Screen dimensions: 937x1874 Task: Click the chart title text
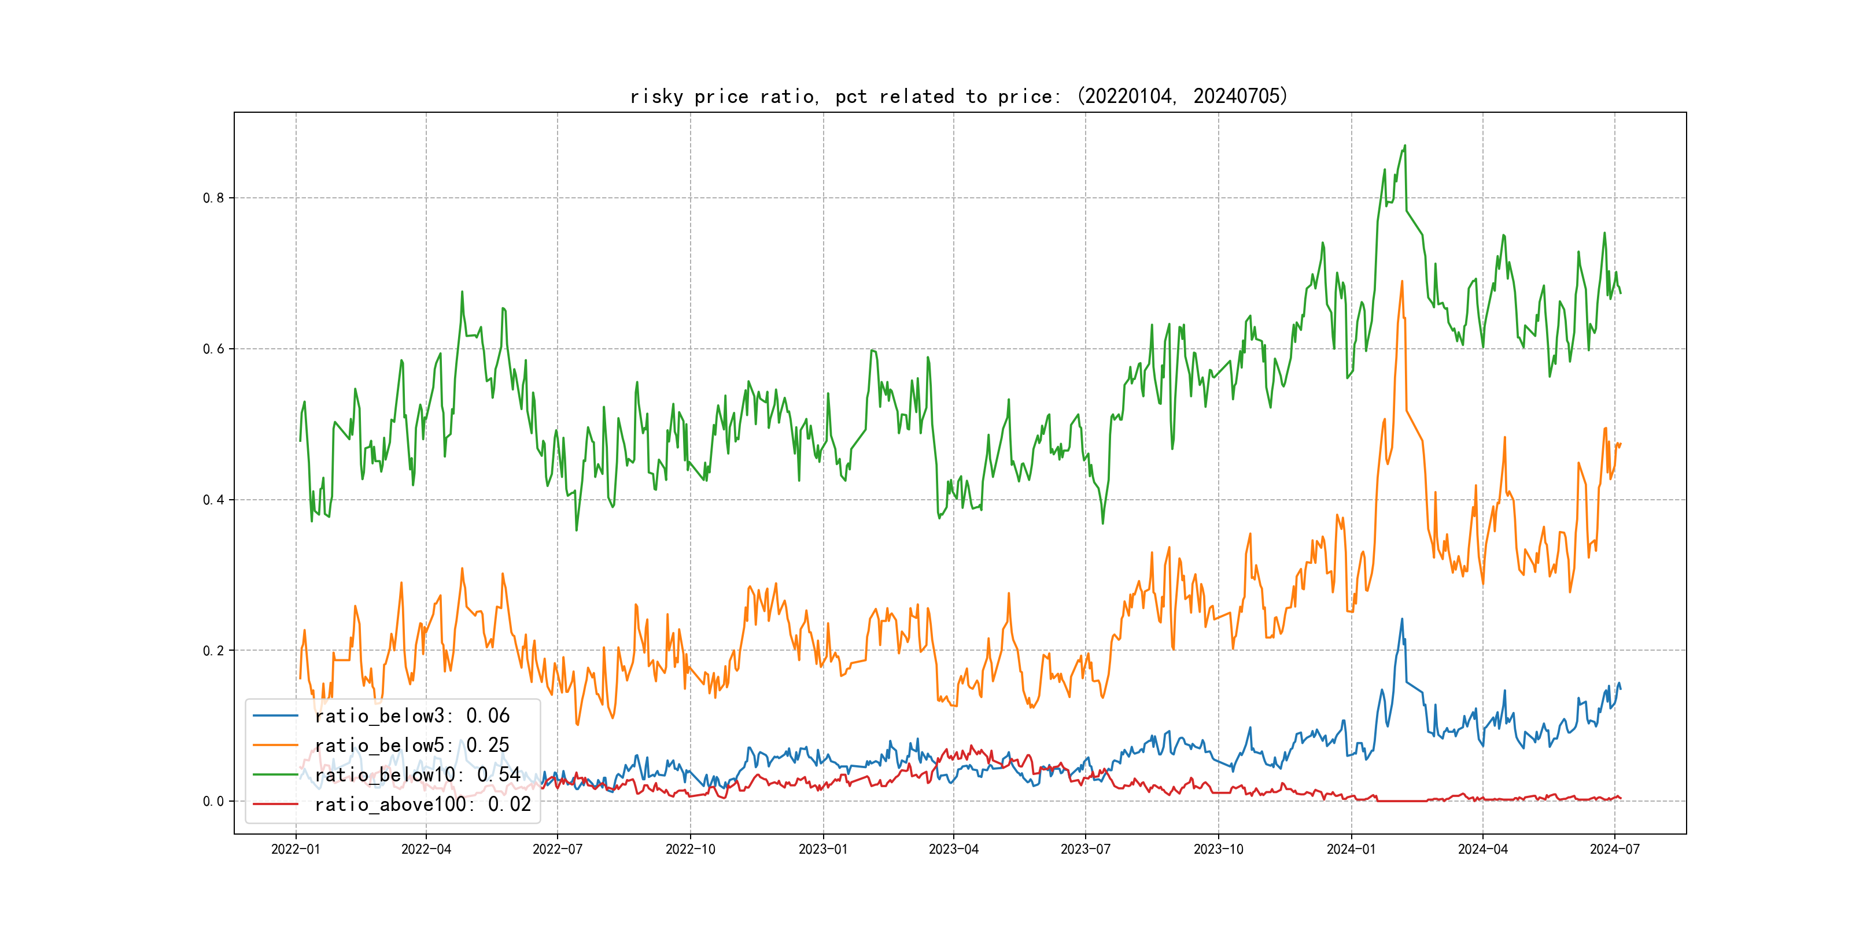[x=958, y=96]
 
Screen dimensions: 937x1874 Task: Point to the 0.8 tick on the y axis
[x=213, y=198]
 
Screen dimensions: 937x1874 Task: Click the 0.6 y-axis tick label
[x=213, y=349]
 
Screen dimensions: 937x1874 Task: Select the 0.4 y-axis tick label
[x=213, y=500]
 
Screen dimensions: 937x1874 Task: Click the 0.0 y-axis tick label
[x=213, y=802]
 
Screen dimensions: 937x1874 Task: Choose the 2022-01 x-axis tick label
[x=296, y=850]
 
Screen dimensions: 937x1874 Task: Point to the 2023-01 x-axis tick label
[x=823, y=850]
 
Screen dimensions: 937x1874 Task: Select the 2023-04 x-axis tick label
[x=954, y=850]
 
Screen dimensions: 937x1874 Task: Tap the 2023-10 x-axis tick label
[x=1219, y=850]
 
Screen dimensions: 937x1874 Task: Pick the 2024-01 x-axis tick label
[x=1351, y=850]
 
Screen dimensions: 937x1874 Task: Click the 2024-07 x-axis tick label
[x=1614, y=850]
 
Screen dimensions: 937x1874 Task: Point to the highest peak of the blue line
[x=1402, y=619]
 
